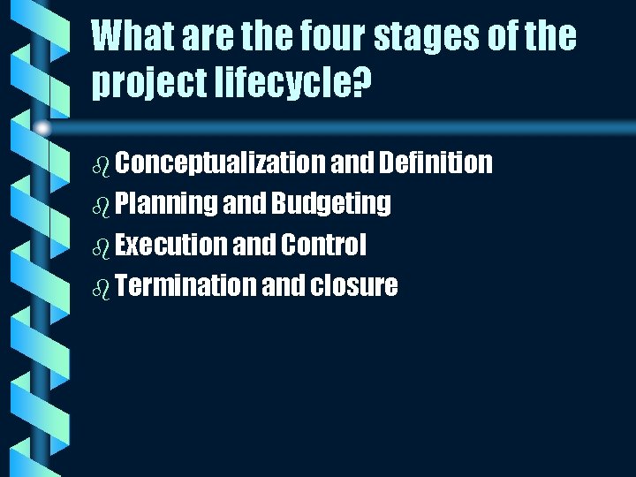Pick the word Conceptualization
220,163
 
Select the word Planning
166,204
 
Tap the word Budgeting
331,204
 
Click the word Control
322,245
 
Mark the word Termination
185,285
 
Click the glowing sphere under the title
42,129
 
